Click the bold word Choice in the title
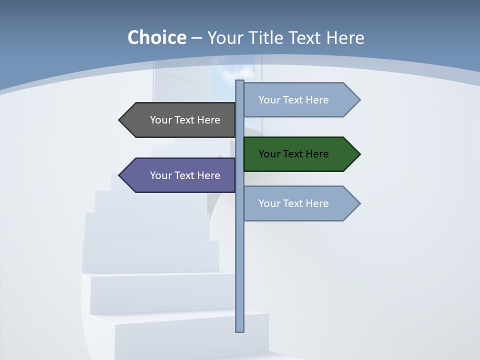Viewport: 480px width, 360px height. click(x=156, y=38)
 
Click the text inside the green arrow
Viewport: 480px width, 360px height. click(x=293, y=154)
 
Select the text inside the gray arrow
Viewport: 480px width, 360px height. click(x=185, y=120)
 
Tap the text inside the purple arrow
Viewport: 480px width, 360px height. click(x=185, y=175)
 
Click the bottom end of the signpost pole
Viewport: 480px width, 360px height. click(x=239, y=329)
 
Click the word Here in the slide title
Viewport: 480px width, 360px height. click(x=345, y=38)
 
